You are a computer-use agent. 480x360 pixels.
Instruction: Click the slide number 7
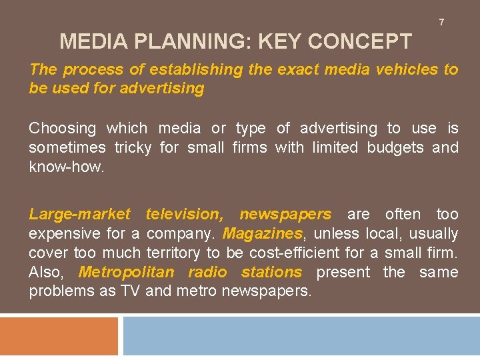[x=441, y=23]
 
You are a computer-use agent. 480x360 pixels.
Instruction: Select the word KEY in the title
[x=279, y=42]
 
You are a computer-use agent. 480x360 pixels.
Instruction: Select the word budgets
[x=395, y=147]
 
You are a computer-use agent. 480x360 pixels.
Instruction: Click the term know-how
[x=67, y=167]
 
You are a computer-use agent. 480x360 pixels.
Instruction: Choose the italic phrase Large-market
[x=80, y=215]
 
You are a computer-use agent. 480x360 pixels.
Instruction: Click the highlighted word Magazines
[x=262, y=234]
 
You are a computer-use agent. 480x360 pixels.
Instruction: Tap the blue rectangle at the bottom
[x=301, y=336]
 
